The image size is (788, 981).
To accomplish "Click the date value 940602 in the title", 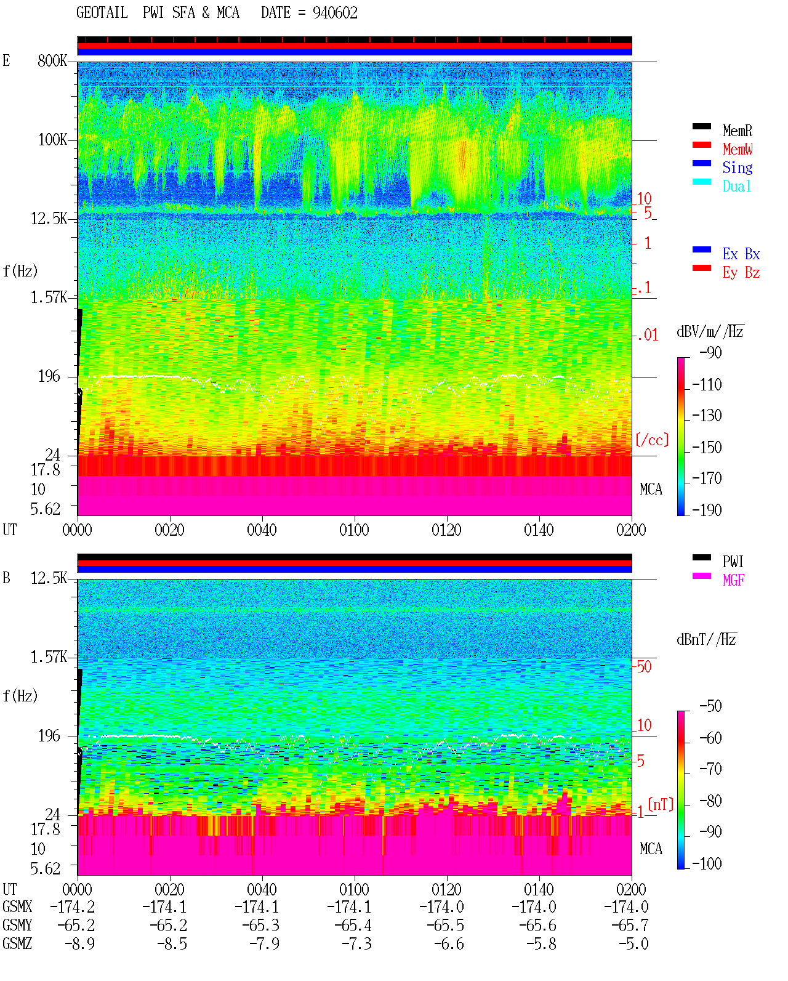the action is point(335,13).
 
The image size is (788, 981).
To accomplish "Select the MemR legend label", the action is point(738,131).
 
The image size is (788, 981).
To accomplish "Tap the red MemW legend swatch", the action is point(701,145).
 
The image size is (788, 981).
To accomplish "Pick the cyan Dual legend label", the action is point(737,186).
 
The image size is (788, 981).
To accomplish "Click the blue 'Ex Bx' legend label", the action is point(741,254).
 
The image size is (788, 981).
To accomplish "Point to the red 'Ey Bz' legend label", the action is point(741,272).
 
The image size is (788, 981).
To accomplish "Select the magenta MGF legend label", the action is point(733,580).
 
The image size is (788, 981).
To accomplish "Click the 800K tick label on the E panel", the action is point(52,60).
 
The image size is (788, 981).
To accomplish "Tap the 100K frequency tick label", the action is point(52,140).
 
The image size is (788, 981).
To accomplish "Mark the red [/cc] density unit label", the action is point(652,440).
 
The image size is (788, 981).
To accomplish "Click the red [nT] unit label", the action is point(661,804).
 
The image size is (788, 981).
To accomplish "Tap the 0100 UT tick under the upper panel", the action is point(354,530).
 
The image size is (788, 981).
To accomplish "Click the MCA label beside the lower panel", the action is point(651,849).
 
